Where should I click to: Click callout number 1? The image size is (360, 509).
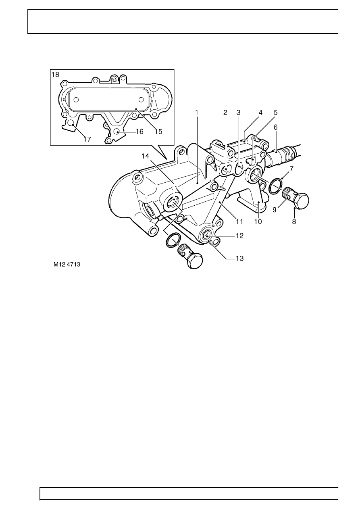197,113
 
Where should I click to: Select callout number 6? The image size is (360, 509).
276,127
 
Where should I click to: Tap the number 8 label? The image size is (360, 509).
294,221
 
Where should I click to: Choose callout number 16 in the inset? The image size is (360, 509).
139,131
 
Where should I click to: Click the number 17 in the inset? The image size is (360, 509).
87,139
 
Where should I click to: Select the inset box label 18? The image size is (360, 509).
55,75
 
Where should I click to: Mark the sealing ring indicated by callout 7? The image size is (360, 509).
275,185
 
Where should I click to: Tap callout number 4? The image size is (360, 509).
260,113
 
